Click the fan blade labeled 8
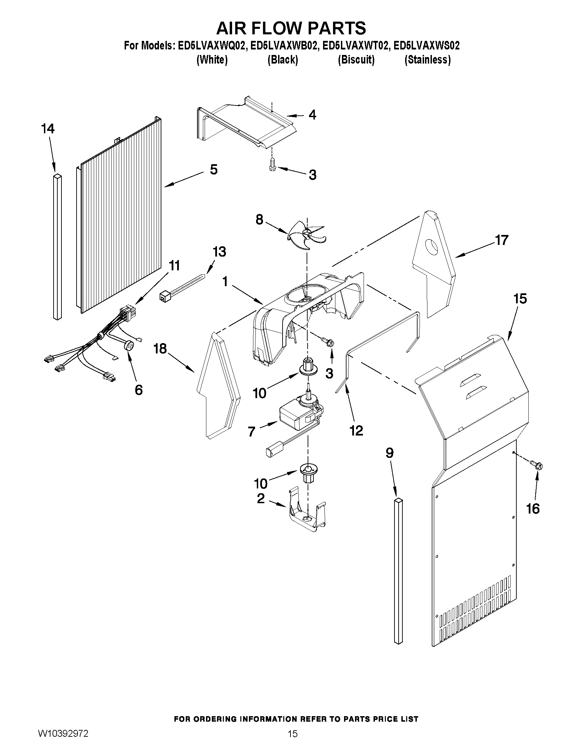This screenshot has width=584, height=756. [x=305, y=235]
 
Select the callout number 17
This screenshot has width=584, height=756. [x=502, y=240]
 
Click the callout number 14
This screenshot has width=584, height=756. [x=48, y=129]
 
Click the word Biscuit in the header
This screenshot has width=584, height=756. [x=356, y=60]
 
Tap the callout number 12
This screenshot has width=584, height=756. [x=356, y=430]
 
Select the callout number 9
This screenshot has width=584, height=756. [x=390, y=453]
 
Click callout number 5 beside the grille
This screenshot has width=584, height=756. [x=214, y=170]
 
